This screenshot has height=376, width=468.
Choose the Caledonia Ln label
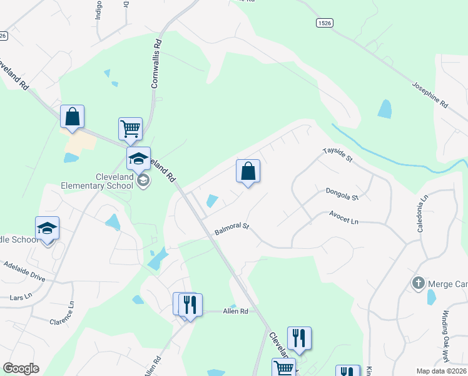pos(424,206)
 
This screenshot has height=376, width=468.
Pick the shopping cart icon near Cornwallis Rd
pos(131,128)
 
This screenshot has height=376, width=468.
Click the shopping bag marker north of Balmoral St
pos(248,171)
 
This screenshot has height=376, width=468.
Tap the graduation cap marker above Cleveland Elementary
pos(139,159)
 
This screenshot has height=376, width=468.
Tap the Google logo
pos(21,368)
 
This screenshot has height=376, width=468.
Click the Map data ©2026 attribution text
pos(441,371)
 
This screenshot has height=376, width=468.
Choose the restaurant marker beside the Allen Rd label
pos(190,305)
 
